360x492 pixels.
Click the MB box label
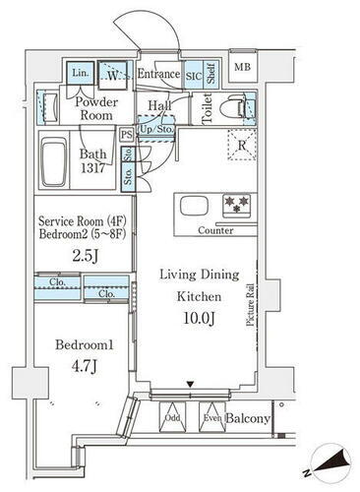point(241,67)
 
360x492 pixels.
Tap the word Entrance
point(158,74)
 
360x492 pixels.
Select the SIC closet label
point(195,74)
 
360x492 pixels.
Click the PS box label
point(126,135)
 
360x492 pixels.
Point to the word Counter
point(215,230)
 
